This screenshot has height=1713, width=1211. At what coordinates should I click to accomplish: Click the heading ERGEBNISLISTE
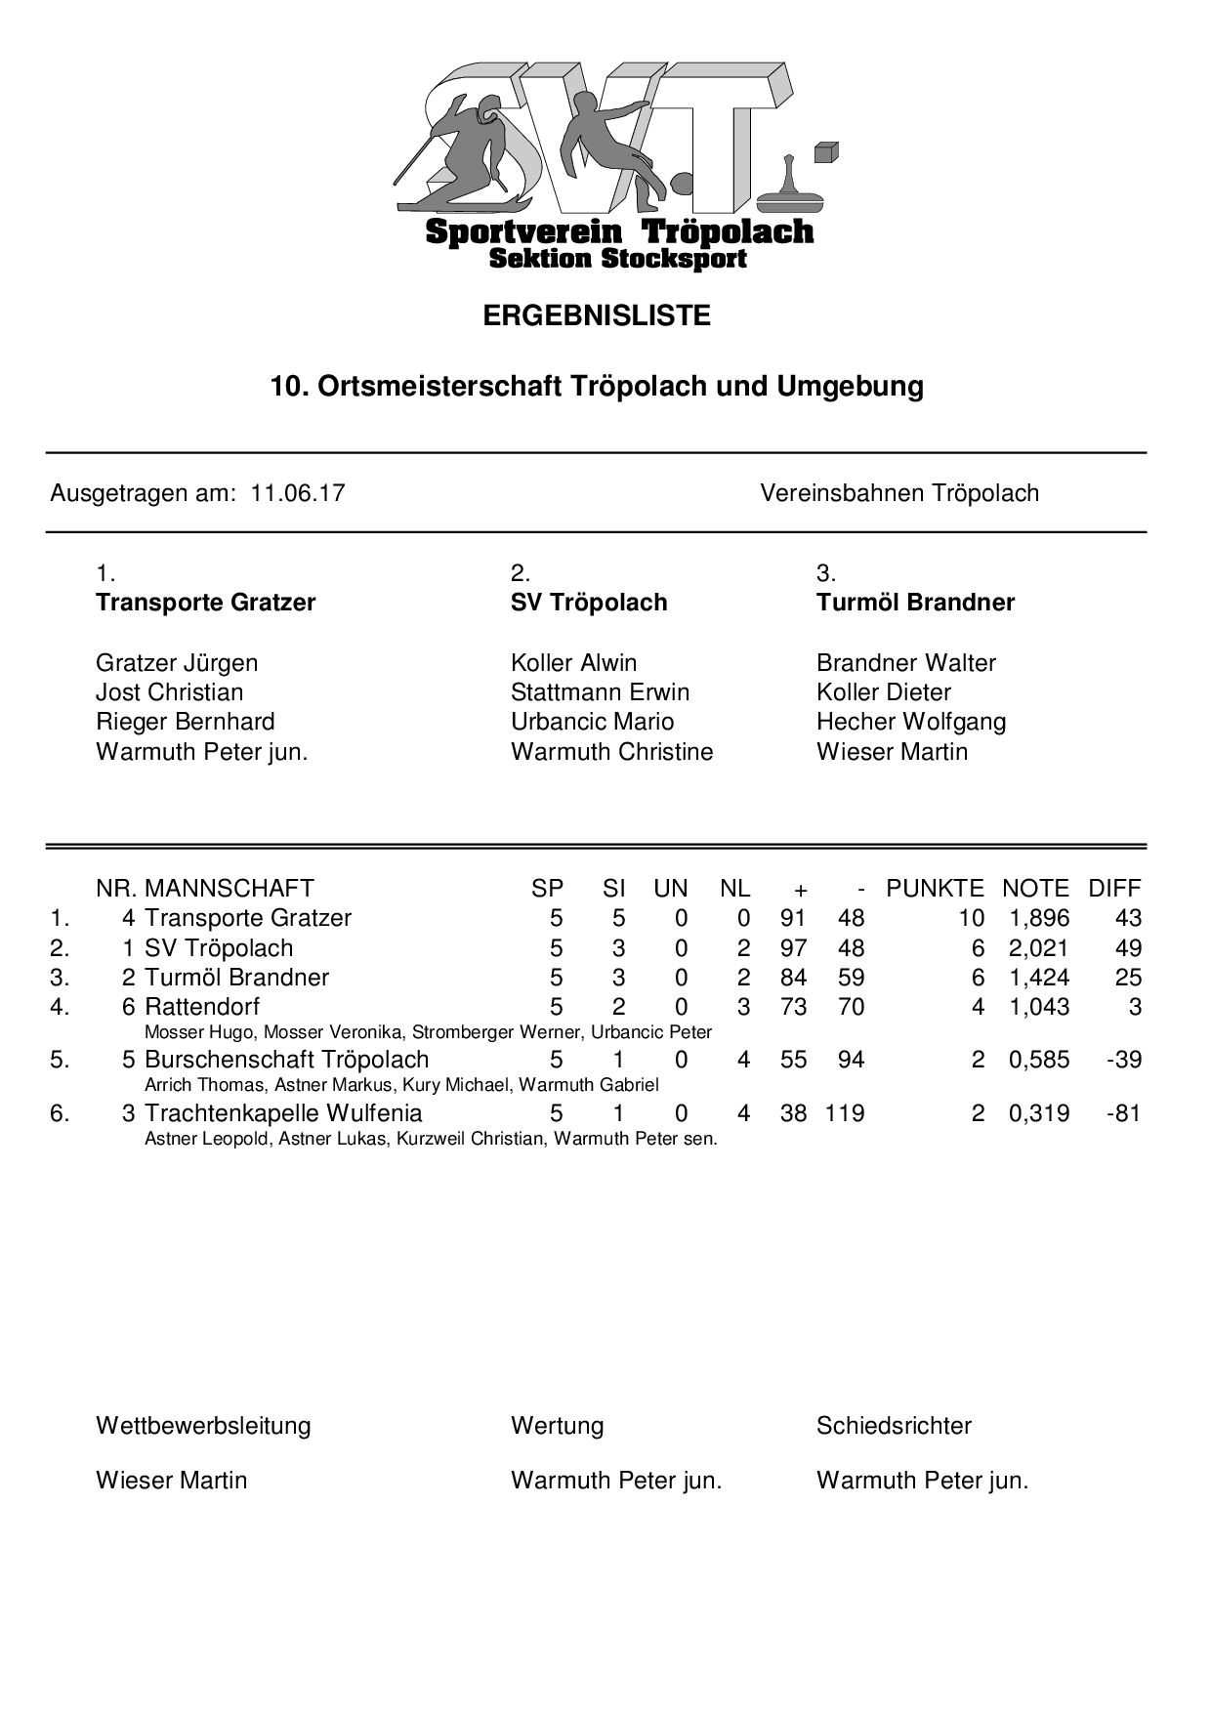coord(597,316)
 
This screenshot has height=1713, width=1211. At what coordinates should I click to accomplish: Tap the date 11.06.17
coord(298,493)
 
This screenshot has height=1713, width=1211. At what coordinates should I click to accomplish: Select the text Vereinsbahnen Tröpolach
coord(898,493)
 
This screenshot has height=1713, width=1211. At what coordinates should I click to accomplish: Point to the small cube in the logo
coord(826,152)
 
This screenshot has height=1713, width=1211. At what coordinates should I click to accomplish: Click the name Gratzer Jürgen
coord(177,663)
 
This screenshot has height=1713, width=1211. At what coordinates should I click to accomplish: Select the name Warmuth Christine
coord(611,752)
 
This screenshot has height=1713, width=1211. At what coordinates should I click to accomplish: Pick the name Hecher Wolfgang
coord(910,722)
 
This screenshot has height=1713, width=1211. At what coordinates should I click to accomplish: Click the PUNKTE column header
coord(935,889)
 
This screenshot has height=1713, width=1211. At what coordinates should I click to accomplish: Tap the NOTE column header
coord(1035,889)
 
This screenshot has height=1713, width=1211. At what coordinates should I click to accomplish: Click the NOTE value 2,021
coord(1038,948)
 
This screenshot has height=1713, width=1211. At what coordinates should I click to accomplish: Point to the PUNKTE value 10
coord(971,918)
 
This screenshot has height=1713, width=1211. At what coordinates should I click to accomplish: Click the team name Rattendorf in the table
coord(202,1007)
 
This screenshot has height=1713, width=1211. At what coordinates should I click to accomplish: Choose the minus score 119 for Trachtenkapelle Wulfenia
coord(845,1113)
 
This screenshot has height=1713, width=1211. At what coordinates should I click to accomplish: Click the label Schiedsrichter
coord(894,1426)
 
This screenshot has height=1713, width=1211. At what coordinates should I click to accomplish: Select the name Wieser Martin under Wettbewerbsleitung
coord(171,1481)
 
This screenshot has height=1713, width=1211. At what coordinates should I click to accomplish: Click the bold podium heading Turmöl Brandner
coord(915,603)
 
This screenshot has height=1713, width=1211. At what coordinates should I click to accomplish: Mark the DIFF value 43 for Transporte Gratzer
coord(1128,918)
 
